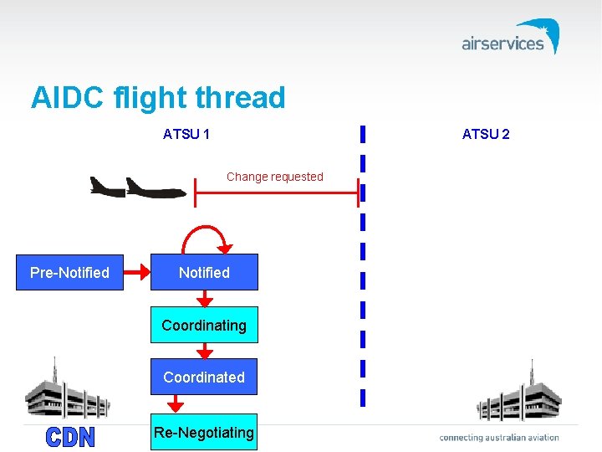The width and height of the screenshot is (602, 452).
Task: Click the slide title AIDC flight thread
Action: coord(158,98)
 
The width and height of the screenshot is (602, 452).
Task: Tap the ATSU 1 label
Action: coord(186,134)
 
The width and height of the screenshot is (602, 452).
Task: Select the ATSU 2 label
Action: coord(486,134)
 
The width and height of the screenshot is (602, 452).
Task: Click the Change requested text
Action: coord(274,177)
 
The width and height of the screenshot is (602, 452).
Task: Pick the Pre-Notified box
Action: coord(69,272)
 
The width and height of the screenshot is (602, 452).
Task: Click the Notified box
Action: coord(204,272)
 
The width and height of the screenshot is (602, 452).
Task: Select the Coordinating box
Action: coord(204,325)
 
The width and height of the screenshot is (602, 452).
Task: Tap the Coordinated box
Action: coord(204,377)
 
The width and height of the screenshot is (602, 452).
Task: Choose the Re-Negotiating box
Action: coord(204,432)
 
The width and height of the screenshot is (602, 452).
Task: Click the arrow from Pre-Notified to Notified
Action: coord(136,272)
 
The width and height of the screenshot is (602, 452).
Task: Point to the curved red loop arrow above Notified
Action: coord(206,235)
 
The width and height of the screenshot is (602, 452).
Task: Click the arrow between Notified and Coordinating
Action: coord(204,299)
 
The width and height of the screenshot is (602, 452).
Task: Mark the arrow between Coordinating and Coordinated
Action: coord(204,351)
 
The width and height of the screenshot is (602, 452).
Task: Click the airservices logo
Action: coord(510,38)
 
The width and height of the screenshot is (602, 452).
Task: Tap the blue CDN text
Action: coord(70,437)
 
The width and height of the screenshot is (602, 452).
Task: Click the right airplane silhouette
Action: coord(155,188)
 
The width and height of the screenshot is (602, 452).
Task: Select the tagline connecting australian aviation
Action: coord(499,437)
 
